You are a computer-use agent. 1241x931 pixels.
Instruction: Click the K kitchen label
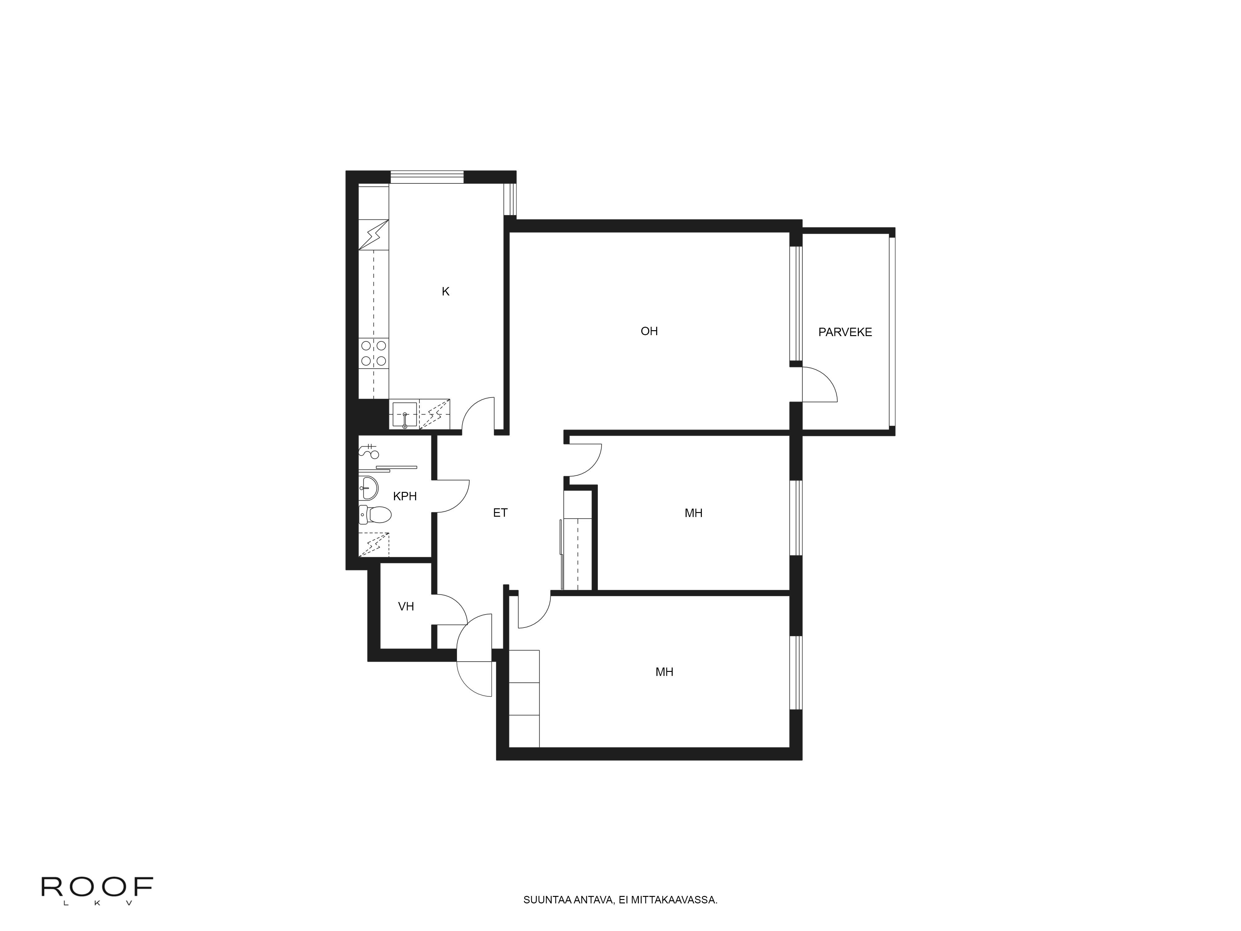pyautogui.click(x=446, y=292)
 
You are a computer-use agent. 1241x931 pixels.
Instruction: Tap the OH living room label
pyautogui.click(x=649, y=331)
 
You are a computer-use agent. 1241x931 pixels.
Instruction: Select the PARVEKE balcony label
pyautogui.click(x=845, y=332)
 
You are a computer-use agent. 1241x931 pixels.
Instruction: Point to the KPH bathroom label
pyautogui.click(x=405, y=496)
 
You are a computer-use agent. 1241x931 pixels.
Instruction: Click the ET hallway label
pyautogui.click(x=500, y=512)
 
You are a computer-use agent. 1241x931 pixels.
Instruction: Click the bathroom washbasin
pyautogui.click(x=368, y=487)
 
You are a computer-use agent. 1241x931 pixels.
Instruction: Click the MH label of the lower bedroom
pyautogui.click(x=664, y=672)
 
